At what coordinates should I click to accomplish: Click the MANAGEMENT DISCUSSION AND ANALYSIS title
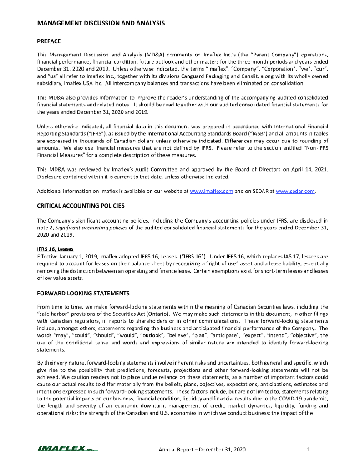(101, 23)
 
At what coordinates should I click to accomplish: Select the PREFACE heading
(49, 41)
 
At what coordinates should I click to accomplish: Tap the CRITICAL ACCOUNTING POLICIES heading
(81, 206)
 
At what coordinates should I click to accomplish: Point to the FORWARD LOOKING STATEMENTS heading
(83, 293)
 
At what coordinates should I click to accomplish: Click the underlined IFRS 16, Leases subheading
(55, 249)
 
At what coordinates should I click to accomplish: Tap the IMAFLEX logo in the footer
(67, 450)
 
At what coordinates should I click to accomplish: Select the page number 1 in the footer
(309, 451)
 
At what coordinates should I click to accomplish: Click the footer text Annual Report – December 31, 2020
(202, 451)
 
